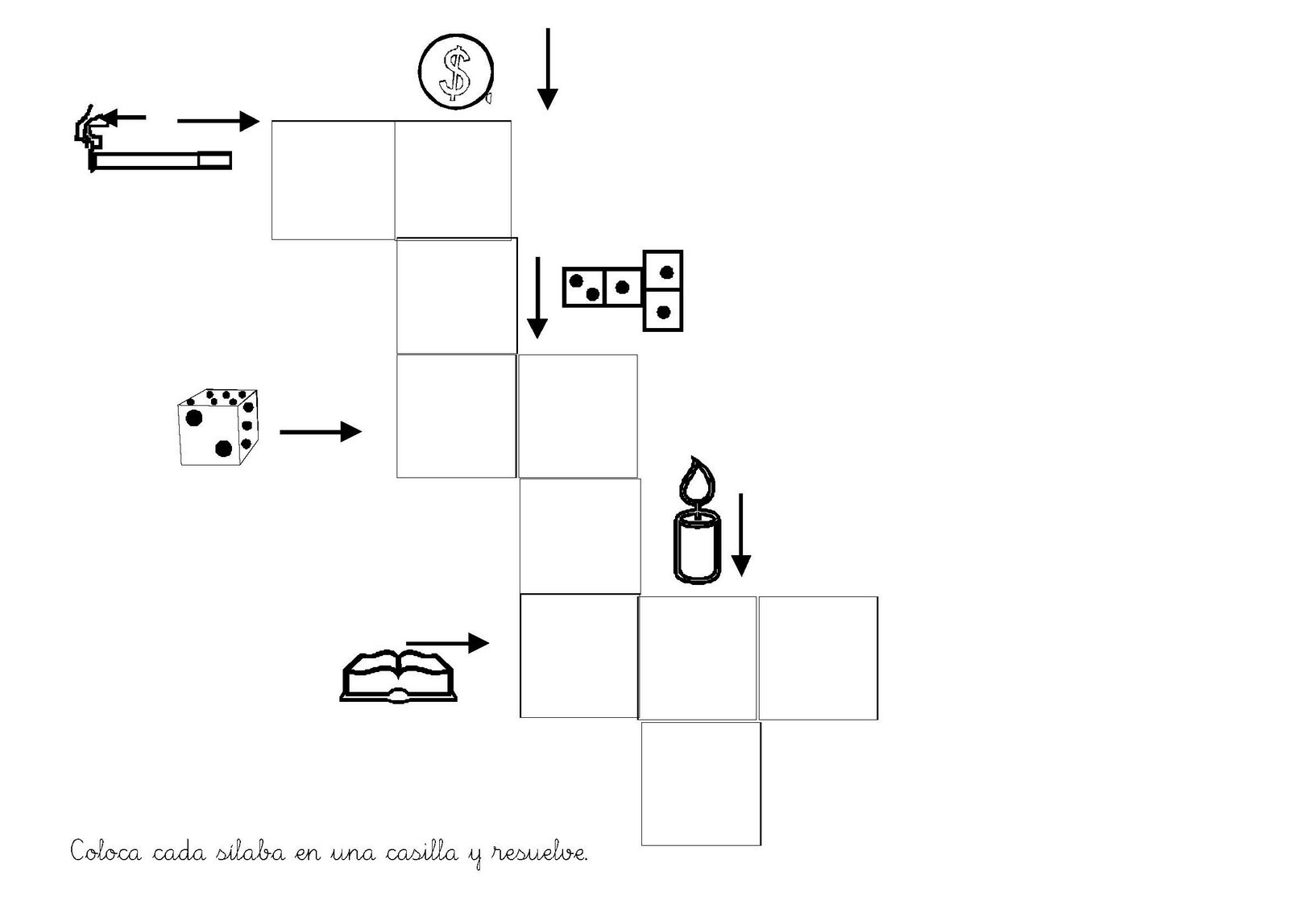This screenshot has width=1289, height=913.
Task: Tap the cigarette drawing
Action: tap(161, 160)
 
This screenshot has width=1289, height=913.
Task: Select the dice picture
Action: tap(218, 427)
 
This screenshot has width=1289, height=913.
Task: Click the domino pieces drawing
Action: tap(623, 289)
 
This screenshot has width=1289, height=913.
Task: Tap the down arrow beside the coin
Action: tap(548, 68)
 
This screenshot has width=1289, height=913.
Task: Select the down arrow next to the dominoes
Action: tap(537, 298)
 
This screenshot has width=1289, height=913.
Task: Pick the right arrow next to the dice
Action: tap(320, 432)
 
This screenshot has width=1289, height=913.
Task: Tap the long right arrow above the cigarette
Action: tap(218, 122)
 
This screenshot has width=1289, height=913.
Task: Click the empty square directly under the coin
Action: tap(453, 179)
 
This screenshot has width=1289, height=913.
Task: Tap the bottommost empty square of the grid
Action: tap(701, 783)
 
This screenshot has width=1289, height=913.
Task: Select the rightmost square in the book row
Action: tap(818, 658)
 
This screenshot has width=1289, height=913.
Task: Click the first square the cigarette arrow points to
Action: tap(333, 180)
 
